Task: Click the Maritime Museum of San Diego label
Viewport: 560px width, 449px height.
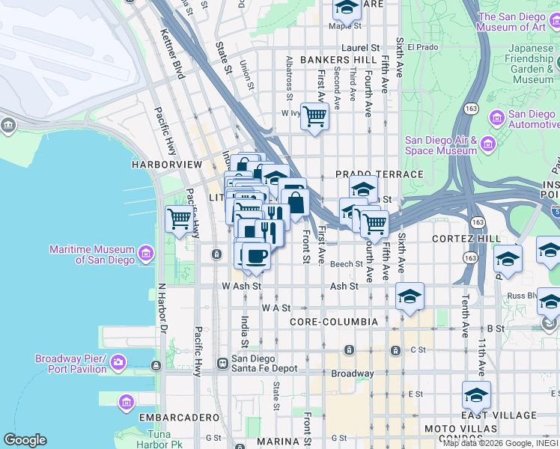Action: pyautogui.click(x=92, y=254)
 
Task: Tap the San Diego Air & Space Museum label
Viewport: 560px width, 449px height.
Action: pyautogui.click(x=441, y=145)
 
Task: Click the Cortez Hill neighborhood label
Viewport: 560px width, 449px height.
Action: pyautogui.click(x=466, y=238)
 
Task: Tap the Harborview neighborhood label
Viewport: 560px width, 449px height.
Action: pyautogui.click(x=166, y=163)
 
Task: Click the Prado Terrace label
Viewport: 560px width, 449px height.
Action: pyautogui.click(x=380, y=174)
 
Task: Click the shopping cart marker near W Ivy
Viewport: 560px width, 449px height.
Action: pyautogui.click(x=314, y=116)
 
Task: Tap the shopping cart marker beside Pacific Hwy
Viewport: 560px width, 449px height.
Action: pyautogui.click(x=179, y=219)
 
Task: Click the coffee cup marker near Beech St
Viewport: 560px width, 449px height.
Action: pyautogui.click(x=256, y=255)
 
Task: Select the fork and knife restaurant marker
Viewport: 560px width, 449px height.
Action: pyautogui.click(x=270, y=233)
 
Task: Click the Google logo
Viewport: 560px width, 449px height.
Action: pyautogui.click(x=25, y=440)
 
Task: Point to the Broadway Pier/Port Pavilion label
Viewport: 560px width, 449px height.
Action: pyautogui.click(x=71, y=363)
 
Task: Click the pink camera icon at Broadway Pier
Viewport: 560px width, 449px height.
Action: pyautogui.click(x=118, y=363)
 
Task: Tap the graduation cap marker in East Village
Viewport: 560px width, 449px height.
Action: pyautogui.click(x=476, y=394)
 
